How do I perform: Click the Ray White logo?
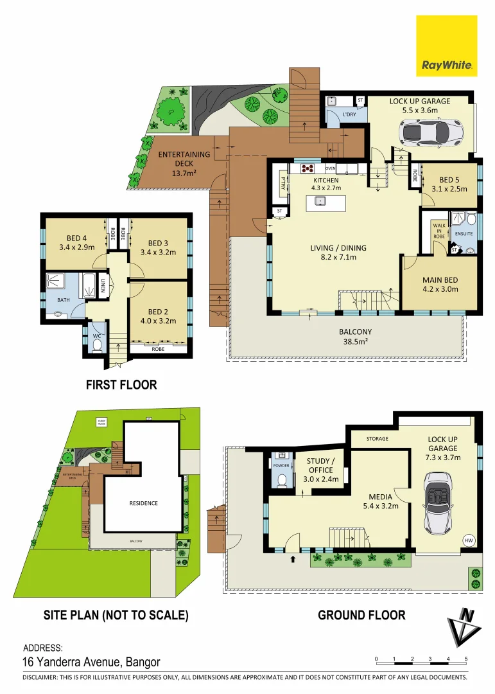[447, 46]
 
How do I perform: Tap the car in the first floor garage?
[425, 133]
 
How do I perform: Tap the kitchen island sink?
[319, 202]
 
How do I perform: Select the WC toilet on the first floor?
[96, 346]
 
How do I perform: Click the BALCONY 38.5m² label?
[356, 337]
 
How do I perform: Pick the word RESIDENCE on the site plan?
[143, 503]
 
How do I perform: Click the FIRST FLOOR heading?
[121, 385]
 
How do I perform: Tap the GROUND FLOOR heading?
[361, 615]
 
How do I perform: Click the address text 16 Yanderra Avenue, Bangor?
[91, 662]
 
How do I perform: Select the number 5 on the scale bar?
[466, 659]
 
